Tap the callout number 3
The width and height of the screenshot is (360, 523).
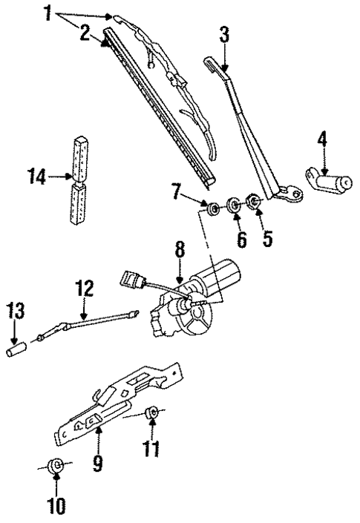[223, 35]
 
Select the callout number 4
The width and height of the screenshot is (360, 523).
[321, 138]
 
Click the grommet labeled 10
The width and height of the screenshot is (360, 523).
[54, 467]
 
